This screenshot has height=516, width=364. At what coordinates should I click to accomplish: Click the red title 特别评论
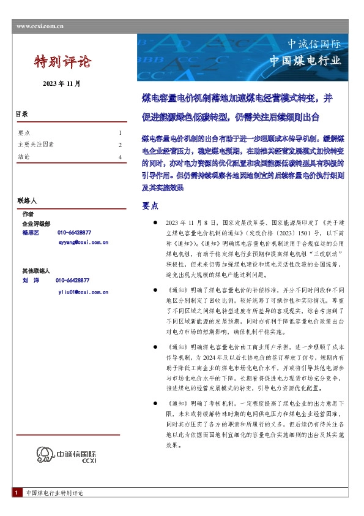click(63, 61)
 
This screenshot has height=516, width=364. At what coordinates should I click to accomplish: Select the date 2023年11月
click(61, 83)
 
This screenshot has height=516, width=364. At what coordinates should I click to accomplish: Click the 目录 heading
click(21, 115)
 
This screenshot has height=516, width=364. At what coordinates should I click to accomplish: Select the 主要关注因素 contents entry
click(36, 145)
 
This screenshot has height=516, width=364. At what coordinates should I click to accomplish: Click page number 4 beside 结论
click(120, 157)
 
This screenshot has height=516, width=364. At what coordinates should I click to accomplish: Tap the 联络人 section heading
click(28, 200)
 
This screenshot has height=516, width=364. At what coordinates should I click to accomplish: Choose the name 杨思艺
click(31, 233)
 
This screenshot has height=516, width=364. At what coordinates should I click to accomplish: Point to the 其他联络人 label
click(36, 270)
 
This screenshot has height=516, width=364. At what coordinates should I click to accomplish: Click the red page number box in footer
click(15, 493)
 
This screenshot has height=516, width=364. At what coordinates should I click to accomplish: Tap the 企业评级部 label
click(36, 224)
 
